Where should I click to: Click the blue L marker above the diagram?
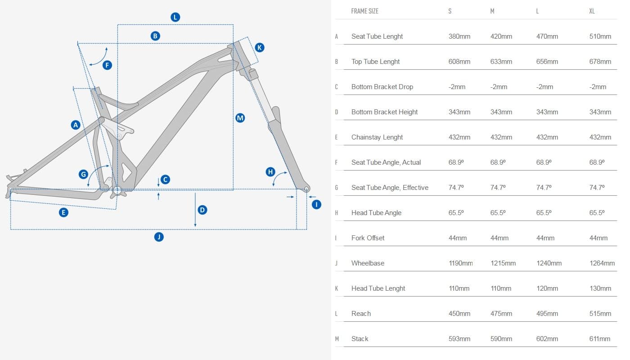pyautogui.click(x=175, y=18)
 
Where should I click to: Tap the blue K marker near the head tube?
pyautogui.click(x=260, y=47)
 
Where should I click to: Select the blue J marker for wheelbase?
pyautogui.click(x=158, y=237)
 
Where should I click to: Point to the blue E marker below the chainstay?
pyautogui.click(x=64, y=212)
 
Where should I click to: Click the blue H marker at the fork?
pyautogui.click(x=270, y=171)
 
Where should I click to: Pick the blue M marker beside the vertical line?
pyautogui.click(x=240, y=118)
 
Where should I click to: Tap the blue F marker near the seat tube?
pyautogui.click(x=107, y=65)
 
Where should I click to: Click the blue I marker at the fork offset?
pyautogui.click(x=316, y=205)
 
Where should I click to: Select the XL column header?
pyautogui.click(x=592, y=11)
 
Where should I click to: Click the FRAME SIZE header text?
pyautogui.click(x=364, y=11)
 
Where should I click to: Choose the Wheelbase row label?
pyautogui.click(x=368, y=263)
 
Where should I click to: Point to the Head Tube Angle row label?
pyautogui.click(x=376, y=213)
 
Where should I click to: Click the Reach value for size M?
pyautogui.click(x=501, y=314)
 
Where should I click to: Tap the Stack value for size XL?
pyautogui.click(x=600, y=339)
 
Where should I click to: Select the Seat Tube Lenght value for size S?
pyautogui.click(x=459, y=36)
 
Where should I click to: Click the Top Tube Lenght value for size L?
pyautogui.click(x=547, y=62)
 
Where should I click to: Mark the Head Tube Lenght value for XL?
pyautogui.click(x=600, y=288)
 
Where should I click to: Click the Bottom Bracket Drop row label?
pyautogui.click(x=382, y=87)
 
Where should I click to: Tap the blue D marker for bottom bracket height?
pyautogui.click(x=202, y=210)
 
